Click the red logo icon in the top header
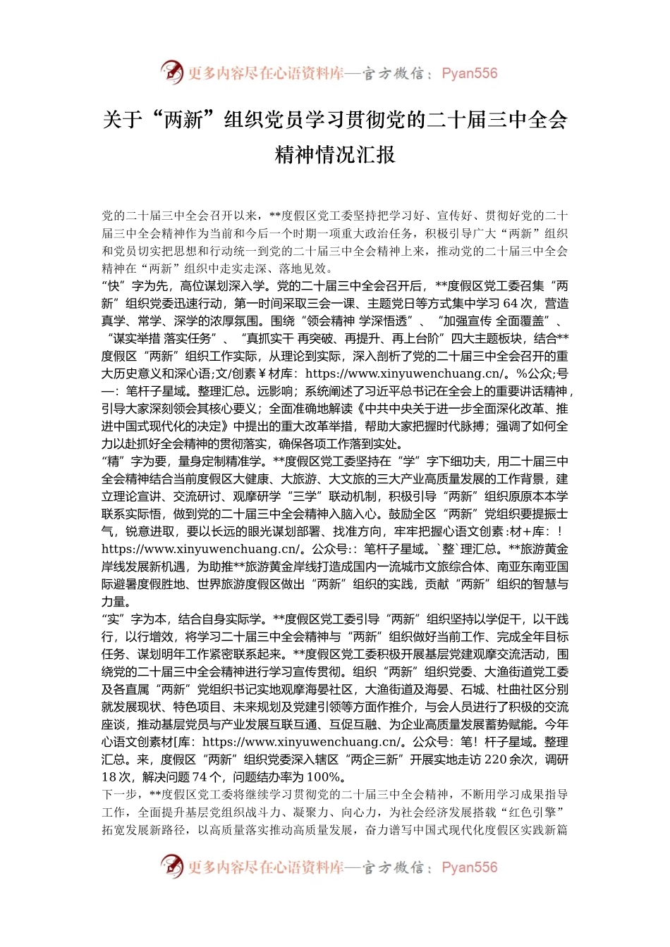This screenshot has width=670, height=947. click(172, 73)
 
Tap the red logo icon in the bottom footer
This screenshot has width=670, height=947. click(172, 867)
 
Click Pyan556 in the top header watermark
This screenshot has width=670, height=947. click(469, 73)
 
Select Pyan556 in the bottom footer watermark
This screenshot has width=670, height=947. click(469, 867)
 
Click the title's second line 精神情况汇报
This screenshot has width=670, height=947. click(335, 154)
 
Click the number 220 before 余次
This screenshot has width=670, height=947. click(496, 760)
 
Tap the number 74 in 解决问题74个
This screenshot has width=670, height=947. click(200, 777)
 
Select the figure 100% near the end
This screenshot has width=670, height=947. click(326, 777)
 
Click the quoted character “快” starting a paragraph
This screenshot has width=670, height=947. click(114, 286)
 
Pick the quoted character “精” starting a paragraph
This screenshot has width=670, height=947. click(114, 462)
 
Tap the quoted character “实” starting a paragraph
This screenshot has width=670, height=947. click(114, 619)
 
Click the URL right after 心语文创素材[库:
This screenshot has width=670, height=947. click(301, 742)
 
